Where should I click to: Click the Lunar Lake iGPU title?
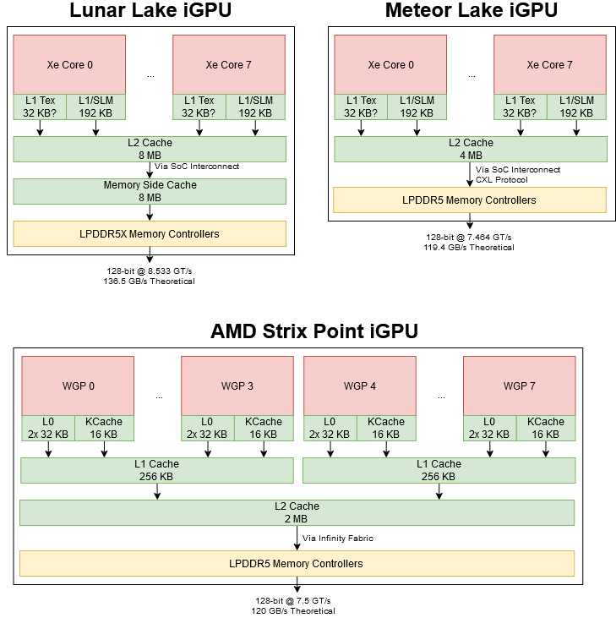pyautogui.click(x=150, y=11)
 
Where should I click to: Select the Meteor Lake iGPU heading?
pyautogui.click(x=471, y=11)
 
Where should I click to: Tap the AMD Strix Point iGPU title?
pyautogui.click(x=313, y=331)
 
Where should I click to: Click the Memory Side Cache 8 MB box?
pyautogui.click(x=150, y=191)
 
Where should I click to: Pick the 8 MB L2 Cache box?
pyautogui.click(x=150, y=149)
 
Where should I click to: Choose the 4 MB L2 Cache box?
pyautogui.click(x=471, y=149)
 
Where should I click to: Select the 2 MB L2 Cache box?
pyautogui.click(x=297, y=512)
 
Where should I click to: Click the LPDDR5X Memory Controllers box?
pyautogui.click(x=150, y=233)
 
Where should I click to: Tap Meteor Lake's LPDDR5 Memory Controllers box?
pyautogui.click(x=470, y=200)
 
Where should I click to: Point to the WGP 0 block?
pyautogui.click(x=77, y=386)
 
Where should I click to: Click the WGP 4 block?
pyautogui.click(x=360, y=386)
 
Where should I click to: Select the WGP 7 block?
pyautogui.click(x=519, y=386)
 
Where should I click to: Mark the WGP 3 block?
pyautogui.click(x=237, y=386)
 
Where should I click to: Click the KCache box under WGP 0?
pyautogui.click(x=105, y=428)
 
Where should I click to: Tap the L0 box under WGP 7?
pyautogui.click(x=490, y=428)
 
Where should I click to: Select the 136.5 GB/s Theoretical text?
pyautogui.click(x=150, y=282)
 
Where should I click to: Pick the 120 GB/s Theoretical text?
pyautogui.click(x=297, y=610)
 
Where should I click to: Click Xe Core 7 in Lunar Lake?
pyautogui.click(x=228, y=65)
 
